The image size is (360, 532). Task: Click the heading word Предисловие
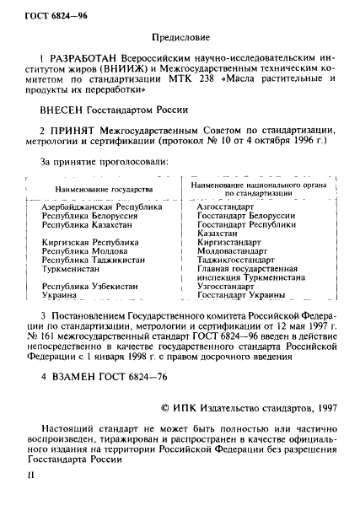click(180, 37)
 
